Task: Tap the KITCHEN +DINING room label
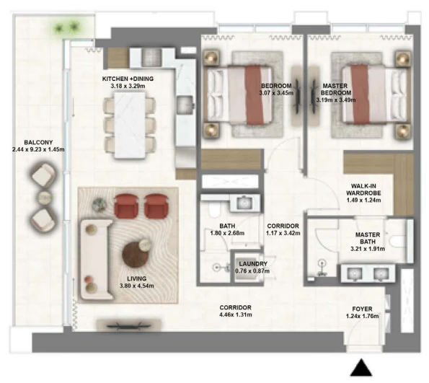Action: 128,79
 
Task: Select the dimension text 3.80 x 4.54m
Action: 136,286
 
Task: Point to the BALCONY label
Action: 38,142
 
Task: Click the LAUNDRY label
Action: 253,264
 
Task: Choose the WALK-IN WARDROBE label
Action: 363,190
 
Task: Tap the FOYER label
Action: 362,309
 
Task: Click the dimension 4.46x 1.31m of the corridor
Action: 236,314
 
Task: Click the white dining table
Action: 130,126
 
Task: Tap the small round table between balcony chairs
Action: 45,198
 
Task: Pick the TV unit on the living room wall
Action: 128,326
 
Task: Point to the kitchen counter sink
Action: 185,105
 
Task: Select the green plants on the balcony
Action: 66,27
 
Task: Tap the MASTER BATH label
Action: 368,238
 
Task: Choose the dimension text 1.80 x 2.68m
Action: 227,233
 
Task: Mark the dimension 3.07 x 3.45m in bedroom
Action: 276,93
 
